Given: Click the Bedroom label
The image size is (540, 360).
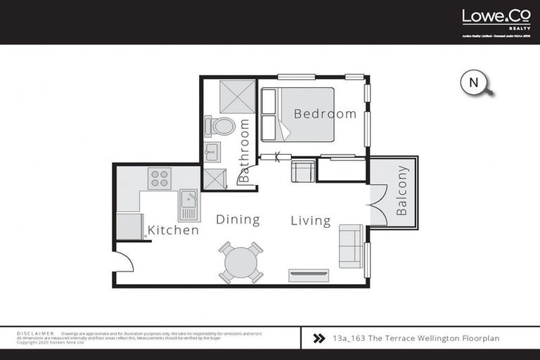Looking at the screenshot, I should coord(325,114).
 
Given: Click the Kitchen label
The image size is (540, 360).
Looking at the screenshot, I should coord(173,230).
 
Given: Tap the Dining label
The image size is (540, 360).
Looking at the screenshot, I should coord(238,220).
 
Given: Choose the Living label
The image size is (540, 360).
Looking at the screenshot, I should coord(311,221).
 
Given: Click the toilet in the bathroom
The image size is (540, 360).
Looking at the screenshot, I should coord(221,127).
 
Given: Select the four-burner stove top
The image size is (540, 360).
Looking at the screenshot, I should coord(160,179).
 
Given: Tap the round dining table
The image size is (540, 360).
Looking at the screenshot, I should coord(240,262).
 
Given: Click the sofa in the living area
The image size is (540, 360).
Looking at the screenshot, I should coord(351,246).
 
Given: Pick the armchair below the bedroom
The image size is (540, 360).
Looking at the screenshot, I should coord(303,172).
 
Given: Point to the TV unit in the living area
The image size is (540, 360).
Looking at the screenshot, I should coord(308,274).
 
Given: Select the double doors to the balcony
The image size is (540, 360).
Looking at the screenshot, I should coord(377,205).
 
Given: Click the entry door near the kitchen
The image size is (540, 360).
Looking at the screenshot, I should coord(123,262).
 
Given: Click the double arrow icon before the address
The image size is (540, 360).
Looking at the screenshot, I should coord(318,337).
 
